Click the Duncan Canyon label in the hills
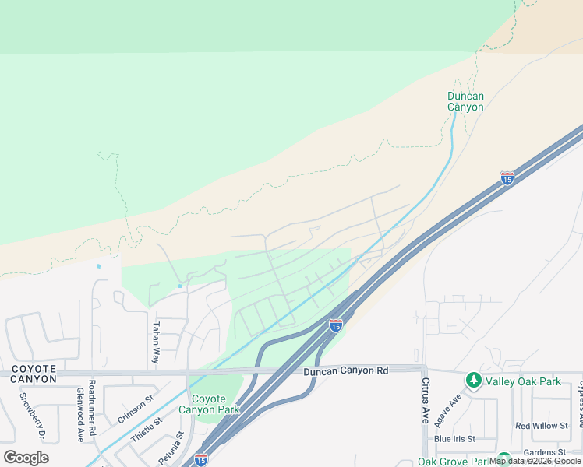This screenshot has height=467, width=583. [465, 101]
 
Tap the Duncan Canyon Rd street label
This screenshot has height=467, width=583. [345, 371]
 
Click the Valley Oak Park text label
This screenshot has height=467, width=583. [523, 381]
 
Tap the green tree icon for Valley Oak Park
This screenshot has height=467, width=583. [472, 381]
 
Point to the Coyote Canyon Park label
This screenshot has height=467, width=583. [208, 404]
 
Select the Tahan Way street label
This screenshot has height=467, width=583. [156, 343]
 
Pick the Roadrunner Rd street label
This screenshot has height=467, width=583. [92, 407]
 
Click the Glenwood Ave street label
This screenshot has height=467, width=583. [79, 415]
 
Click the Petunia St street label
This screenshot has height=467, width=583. [170, 448]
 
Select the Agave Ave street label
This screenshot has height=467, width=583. [453, 406]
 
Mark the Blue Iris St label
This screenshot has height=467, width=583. [454, 439]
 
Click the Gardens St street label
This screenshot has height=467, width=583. [544, 451]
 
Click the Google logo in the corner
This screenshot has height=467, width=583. [26, 457]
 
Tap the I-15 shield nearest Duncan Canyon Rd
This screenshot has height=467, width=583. [336, 325]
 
